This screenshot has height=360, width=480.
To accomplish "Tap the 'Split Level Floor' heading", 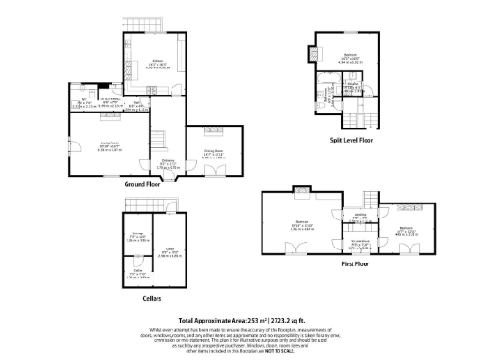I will click(x=351, y=139).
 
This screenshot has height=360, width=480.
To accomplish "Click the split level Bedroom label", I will click(x=351, y=56).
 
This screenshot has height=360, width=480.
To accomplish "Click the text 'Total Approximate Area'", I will click(x=213, y=320).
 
